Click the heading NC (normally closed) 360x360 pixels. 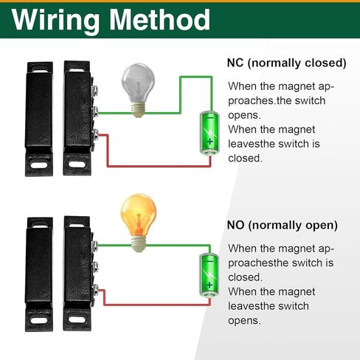click(x=286, y=63)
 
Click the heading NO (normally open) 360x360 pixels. click(x=282, y=224)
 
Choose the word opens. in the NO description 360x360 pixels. click(x=243, y=320)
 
